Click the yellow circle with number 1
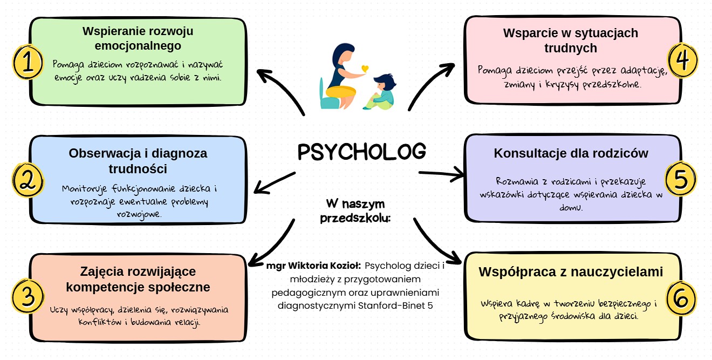click(x=28, y=62)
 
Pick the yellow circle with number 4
click(x=682, y=59)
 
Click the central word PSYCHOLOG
click(x=361, y=152)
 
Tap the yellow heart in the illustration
click(x=365, y=69)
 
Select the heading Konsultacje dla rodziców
click(x=571, y=153)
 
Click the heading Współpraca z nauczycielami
click(x=571, y=272)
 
